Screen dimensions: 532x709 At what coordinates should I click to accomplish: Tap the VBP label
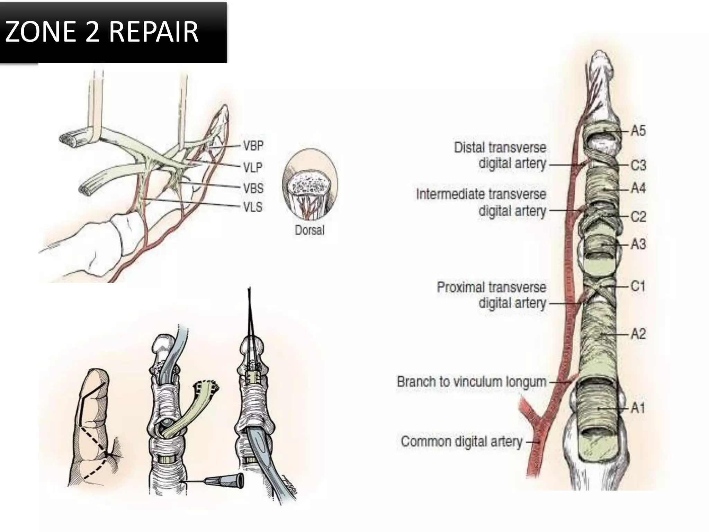253,146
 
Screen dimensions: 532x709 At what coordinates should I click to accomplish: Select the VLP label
253,168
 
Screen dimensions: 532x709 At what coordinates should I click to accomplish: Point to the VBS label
253,188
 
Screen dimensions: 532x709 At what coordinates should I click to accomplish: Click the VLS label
253,207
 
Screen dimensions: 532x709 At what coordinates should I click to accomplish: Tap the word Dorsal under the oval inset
309,230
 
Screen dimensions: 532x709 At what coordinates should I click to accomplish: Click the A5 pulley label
638,131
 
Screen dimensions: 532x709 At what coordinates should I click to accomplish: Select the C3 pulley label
638,165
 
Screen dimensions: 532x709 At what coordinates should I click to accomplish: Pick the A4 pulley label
638,188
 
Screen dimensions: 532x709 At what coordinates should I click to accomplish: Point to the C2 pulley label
638,216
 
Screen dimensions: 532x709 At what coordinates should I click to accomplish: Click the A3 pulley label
638,244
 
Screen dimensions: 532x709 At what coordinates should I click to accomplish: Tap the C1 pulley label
638,286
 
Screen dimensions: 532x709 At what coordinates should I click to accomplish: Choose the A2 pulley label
638,334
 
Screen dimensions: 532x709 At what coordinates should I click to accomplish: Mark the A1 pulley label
638,408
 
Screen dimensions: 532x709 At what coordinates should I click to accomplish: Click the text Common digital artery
461,442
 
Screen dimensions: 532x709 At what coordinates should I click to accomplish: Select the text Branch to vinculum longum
472,382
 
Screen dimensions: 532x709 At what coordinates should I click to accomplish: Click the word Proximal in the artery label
457,287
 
